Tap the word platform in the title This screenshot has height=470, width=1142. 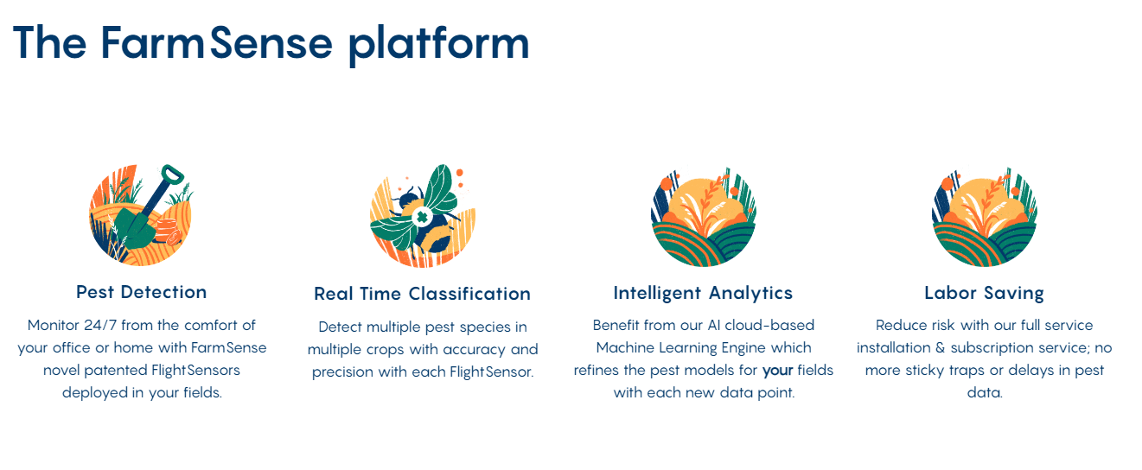(438, 43)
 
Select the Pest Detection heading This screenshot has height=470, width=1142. (142, 292)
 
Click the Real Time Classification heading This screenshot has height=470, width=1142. (422, 294)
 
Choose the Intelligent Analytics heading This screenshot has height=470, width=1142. (703, 293)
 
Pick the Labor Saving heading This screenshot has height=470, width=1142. (984, 293)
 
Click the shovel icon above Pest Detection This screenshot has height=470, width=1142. (141, 215)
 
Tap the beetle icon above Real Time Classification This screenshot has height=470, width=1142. (422, 216)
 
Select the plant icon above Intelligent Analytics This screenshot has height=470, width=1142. (703, 216)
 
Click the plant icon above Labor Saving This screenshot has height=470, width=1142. (984, 216)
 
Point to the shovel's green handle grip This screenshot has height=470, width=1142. (173, 175)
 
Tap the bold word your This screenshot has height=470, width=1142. (777, 371)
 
